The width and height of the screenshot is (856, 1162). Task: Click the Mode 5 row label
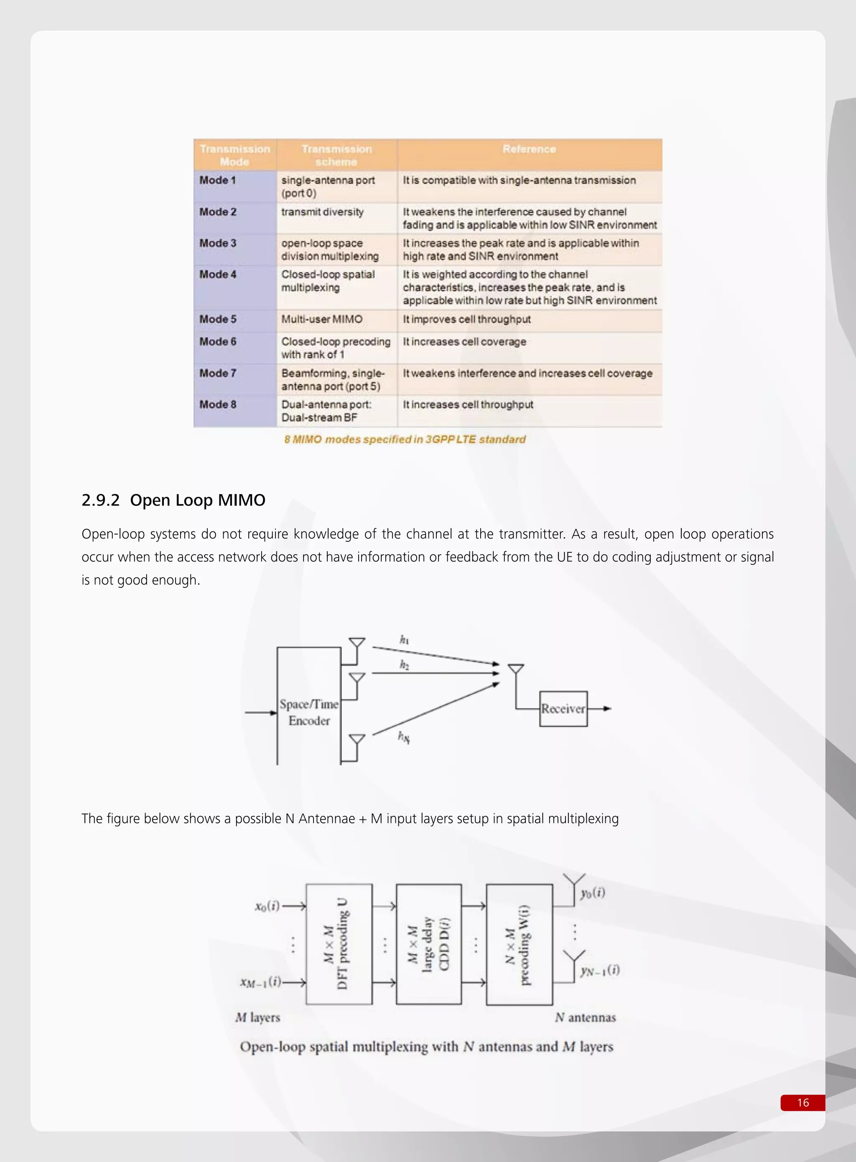[218, 319]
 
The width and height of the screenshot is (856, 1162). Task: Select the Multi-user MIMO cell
[322, 319]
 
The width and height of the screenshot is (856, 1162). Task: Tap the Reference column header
[529, 149]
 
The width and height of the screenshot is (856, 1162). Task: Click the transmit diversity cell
[322, 212]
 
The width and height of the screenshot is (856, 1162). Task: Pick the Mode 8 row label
[218, 404]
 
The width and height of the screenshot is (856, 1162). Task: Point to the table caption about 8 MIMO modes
[405, 439]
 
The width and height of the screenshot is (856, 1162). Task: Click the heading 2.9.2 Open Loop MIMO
[173, 500]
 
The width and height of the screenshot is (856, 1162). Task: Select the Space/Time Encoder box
[309, 712]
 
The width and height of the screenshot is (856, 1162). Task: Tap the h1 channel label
[404, 640]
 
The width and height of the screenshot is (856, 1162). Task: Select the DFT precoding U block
[339, 944]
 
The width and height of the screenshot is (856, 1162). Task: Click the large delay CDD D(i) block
[428, 944]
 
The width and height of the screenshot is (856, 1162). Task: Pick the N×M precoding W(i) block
[519, 944]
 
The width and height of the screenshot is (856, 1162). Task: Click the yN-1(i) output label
[599, 970]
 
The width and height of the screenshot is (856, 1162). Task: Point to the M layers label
[257, 1017]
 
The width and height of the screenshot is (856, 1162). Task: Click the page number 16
[802, 1102]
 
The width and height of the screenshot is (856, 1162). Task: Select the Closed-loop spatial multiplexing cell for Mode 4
[328, 281]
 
